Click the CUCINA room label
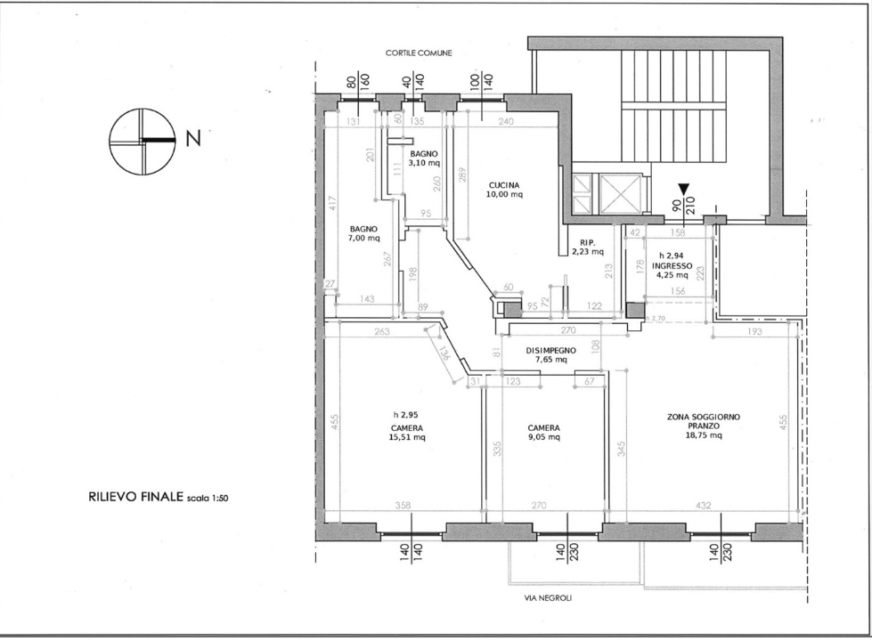(505, 186)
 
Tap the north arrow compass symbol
(140, 140)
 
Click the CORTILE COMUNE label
(419, 53)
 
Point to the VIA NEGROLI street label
(550, 598)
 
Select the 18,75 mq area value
(703, 436)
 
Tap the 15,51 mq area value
(407, 437)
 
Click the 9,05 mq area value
(542, 437)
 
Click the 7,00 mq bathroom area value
(364, 238)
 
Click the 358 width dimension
(403, 506)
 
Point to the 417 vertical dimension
(330, 204)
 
